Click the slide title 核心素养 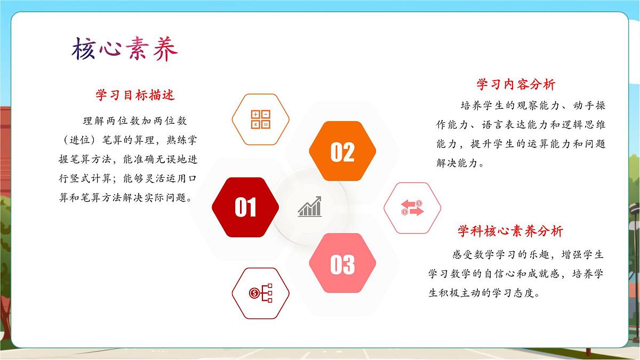pyautogui.click(x=124, y=50)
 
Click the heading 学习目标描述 pyautogui.click(x=135, y=95)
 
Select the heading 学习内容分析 pyautogui.click(x=516, y=85)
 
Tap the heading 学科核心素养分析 pyautogui.click(x=510, y=231)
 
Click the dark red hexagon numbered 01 pyautogui.click(x=245, y=207)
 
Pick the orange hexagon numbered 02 pyautogui.click(x=342, y=151)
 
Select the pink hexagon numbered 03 pyautogui.click(x=342, y=263)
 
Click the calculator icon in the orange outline pyautogui.click(x=261, y=119)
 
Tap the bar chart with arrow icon pyautogui.click(x=310, y=207)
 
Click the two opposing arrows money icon pyautogui.click(x=412, y=208)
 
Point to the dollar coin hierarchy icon pyautogui.click(x=261, y=293)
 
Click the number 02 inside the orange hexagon pyautogui.click(x=342, y=153)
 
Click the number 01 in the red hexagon pyautogui.click(x=245, y=207)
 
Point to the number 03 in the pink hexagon pyautogui.click(x=342, y=265)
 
